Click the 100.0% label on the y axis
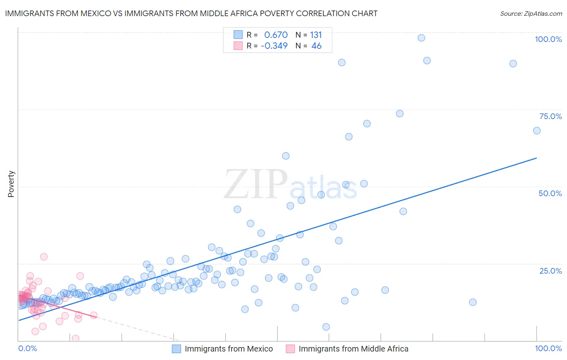(x=548, y=39)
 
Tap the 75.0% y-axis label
(x=550, y=116)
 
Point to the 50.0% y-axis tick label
(x=550, y=193)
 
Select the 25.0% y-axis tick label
(x=550, y=270)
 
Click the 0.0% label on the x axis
(x=27, y=348)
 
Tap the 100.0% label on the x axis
(x=548, y=348)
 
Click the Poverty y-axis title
(x=11, y=184)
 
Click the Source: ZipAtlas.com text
(x=531, y=13)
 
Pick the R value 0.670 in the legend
(x=276, y=35)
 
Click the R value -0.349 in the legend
(x=274, y=46)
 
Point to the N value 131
(x=316, y=35)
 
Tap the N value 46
(x=317, y=46)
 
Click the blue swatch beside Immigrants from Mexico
(x=176, y=349)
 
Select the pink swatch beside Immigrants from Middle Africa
(x=290, y=349)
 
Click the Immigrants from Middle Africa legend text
(x=353, y=349)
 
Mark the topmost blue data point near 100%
(x=421, y=38)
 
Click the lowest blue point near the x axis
(x=326, y=327)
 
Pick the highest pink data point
(x=44, y=257)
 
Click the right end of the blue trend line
(x=536, y=158)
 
